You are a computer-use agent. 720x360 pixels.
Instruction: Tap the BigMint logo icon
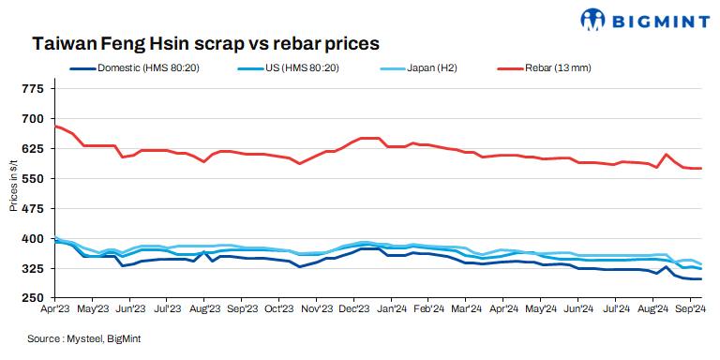[x=594, y=19]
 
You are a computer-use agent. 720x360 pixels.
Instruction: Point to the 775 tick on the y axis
[x=32, y=88]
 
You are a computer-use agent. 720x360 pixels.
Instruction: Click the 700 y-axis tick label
[x=32, y=118]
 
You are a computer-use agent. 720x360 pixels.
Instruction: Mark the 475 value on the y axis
[x=32, y=208]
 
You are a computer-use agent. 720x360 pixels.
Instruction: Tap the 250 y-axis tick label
[x=32, y=298]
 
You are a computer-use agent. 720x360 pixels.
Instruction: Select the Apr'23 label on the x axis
[x=56, y=307]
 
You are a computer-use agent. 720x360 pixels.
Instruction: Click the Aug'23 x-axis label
[x=204, y=307]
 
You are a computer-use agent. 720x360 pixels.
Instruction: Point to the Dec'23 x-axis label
[x=353, y=307]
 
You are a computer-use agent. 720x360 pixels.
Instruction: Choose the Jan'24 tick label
[x=391, y=307]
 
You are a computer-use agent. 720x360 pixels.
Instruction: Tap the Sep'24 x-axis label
[x=690, y=307]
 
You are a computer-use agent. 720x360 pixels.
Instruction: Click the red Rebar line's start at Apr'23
[x=56, y=126]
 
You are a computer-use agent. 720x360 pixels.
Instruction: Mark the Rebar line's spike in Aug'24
[x=666, y=154]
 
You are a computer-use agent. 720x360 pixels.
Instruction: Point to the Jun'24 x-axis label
[x=577, y=307]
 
